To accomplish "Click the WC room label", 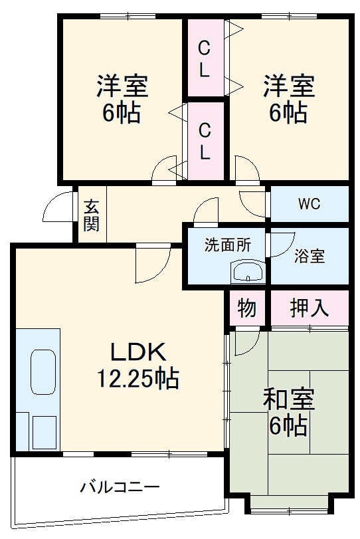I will (309, 203).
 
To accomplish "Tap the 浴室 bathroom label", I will (309, 256).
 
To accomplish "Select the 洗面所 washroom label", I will (227, 245).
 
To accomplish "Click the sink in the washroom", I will (247, 271).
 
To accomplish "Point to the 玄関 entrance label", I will (91, 215).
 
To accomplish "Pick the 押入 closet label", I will (309, 308).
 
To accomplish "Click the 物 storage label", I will (246, 308).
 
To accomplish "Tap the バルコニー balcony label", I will (120, 488).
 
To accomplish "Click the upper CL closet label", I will (205, 58).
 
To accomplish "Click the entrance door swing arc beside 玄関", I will (57, 207).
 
